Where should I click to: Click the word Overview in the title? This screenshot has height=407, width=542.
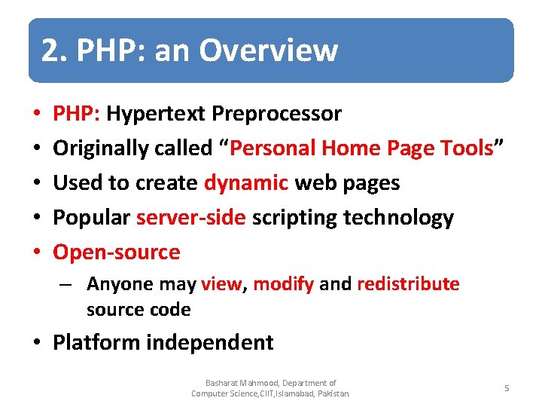[x=269, y=50]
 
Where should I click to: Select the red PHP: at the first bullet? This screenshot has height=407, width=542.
[x=77, y=114]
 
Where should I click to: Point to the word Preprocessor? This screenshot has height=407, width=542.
[x=276, y=114]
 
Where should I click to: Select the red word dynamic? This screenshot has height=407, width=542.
[x=246, y=183]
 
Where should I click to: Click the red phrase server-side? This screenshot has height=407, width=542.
[x=191, y=218]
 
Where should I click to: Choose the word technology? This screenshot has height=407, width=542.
[x=398, y=218]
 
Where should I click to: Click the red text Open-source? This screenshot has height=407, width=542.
[x=117, y=252]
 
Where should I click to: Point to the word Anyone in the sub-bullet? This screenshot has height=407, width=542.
[x=114, y=284]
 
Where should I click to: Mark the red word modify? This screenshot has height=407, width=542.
[x=284, y=284]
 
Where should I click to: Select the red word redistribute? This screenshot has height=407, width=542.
[x=408, y=284]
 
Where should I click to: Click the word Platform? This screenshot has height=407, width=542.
[x=96, y=342]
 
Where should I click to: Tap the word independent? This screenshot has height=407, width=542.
[x=210, y=342]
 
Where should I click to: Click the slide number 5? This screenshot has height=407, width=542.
[x=507, y=388]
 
